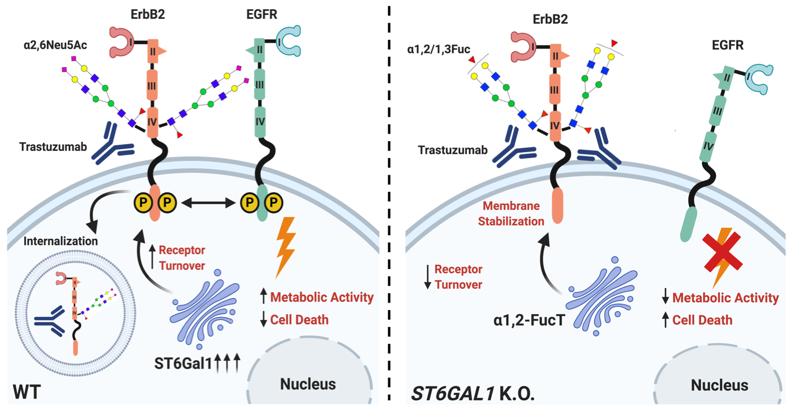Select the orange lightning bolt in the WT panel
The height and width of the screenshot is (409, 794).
click(x=285, y=246)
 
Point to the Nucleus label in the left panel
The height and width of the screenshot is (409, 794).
click(x=308, y=384)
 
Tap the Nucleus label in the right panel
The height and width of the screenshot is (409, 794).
click(x=719, y=385)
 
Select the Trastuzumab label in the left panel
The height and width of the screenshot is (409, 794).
click(x=53, y=146)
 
